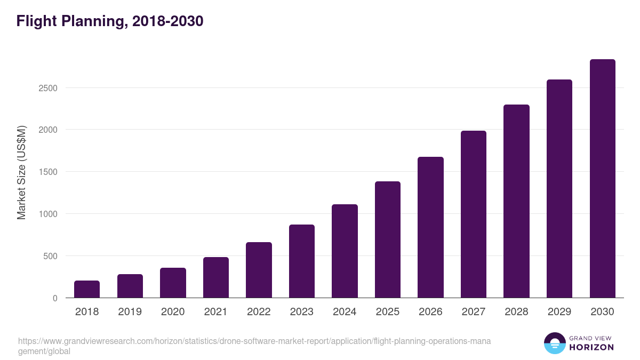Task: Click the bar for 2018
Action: point(87,289)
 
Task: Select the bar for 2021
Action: point(215,277)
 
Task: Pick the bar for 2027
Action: point(473,214)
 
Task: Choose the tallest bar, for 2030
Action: point(602,179)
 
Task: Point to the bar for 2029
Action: point(559,189)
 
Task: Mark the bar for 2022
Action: point(259,270)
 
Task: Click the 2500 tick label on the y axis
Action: point(47,88)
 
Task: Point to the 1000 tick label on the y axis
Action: point(47,214)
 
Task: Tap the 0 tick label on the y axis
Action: point(55,298)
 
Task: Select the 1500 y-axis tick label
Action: point(47,172)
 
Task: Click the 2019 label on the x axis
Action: point(130,312)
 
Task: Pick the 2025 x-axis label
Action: point(387,312)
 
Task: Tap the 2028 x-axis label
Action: point(516,312)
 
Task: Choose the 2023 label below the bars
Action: point(301,312)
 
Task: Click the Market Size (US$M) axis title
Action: point(21,172)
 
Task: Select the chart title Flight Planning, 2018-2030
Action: point(110,21)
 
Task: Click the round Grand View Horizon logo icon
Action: point(555,343)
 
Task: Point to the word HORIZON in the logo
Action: point(591,347)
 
